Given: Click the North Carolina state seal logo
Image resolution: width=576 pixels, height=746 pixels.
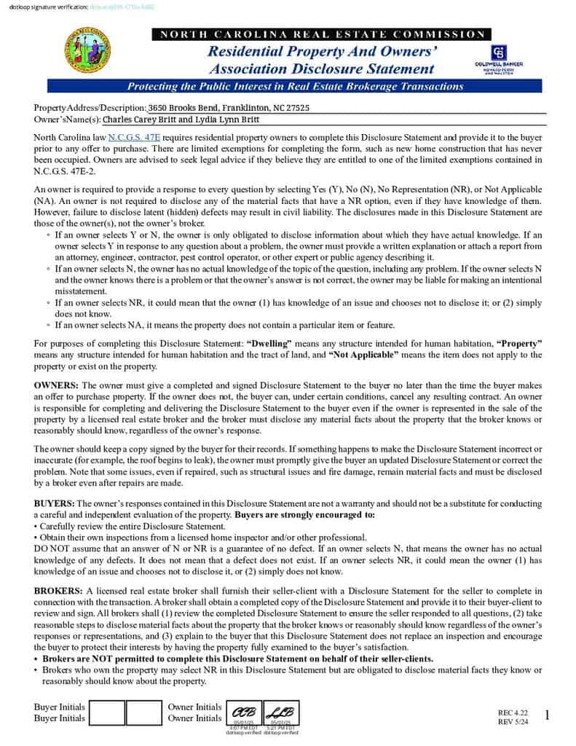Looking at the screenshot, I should [x=88, y=50].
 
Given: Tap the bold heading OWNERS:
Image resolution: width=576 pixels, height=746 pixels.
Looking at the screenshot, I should [x=57, y=384].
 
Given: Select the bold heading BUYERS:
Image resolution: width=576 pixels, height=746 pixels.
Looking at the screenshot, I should [x=55, y=503].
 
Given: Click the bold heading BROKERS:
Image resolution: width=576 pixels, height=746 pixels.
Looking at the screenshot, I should [x=59, y=590].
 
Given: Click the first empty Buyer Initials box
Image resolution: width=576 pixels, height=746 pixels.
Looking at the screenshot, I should [x=107, y=712].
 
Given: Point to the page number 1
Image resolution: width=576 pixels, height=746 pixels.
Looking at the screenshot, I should [x=547, y=715].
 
